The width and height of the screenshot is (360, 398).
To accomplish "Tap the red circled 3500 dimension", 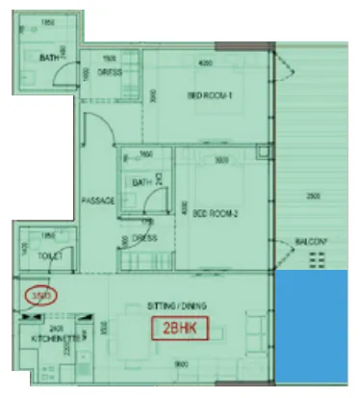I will tap(41, 295).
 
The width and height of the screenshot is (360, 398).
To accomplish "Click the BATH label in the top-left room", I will tap(49, 58).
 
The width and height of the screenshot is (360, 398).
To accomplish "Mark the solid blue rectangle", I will tap(315, 328).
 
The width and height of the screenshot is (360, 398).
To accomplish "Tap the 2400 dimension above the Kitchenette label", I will tap(57, 330).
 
